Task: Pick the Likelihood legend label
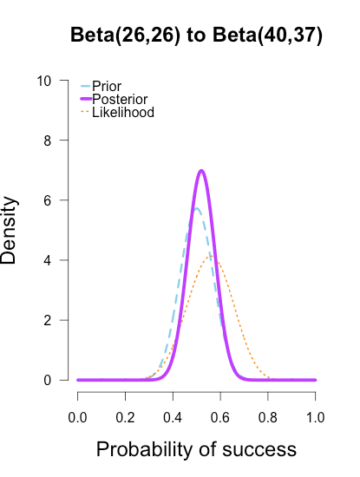122,112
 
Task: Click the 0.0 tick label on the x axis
78,417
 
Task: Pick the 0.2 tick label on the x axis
126,417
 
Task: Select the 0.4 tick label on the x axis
173,417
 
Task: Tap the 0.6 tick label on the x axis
220,417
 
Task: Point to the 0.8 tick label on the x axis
268,417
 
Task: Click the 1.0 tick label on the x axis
315,417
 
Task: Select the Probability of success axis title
196,450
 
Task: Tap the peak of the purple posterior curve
201,170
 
